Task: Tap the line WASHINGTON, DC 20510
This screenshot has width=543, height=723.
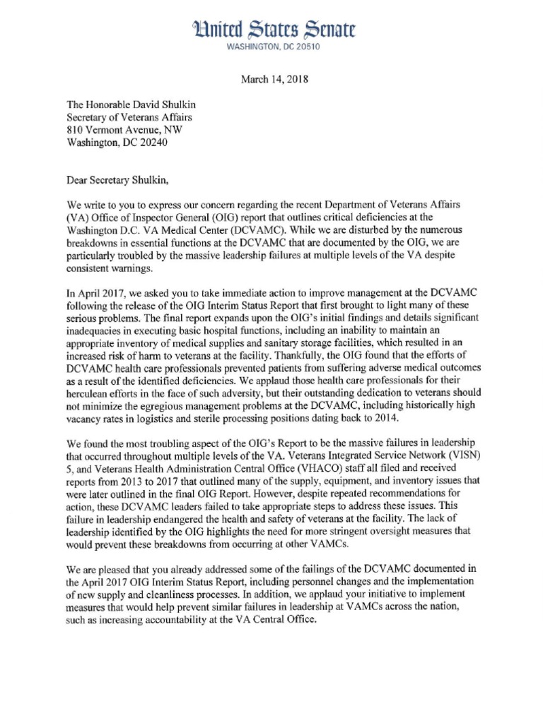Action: (x=271, y=47)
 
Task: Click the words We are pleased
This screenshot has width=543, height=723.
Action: (x=100, y=573)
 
